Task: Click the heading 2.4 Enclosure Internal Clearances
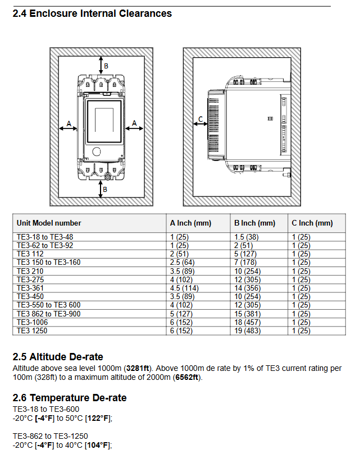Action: (x=92, y=13)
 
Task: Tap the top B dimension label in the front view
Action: (x=106, y=66)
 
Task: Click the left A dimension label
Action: (x=69, y=122)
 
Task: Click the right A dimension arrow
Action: (x=134, y=128)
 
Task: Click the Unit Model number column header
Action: (x=49, y=223)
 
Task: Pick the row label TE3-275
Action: (x=30, y=279)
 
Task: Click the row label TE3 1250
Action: (x=33, y=331)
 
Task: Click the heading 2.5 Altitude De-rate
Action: (x=58, y=357)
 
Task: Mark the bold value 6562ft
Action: (x=186, y=377)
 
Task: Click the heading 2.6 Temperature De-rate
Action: (x=70, y=398)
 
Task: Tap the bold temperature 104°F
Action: (x=98, y=445)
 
